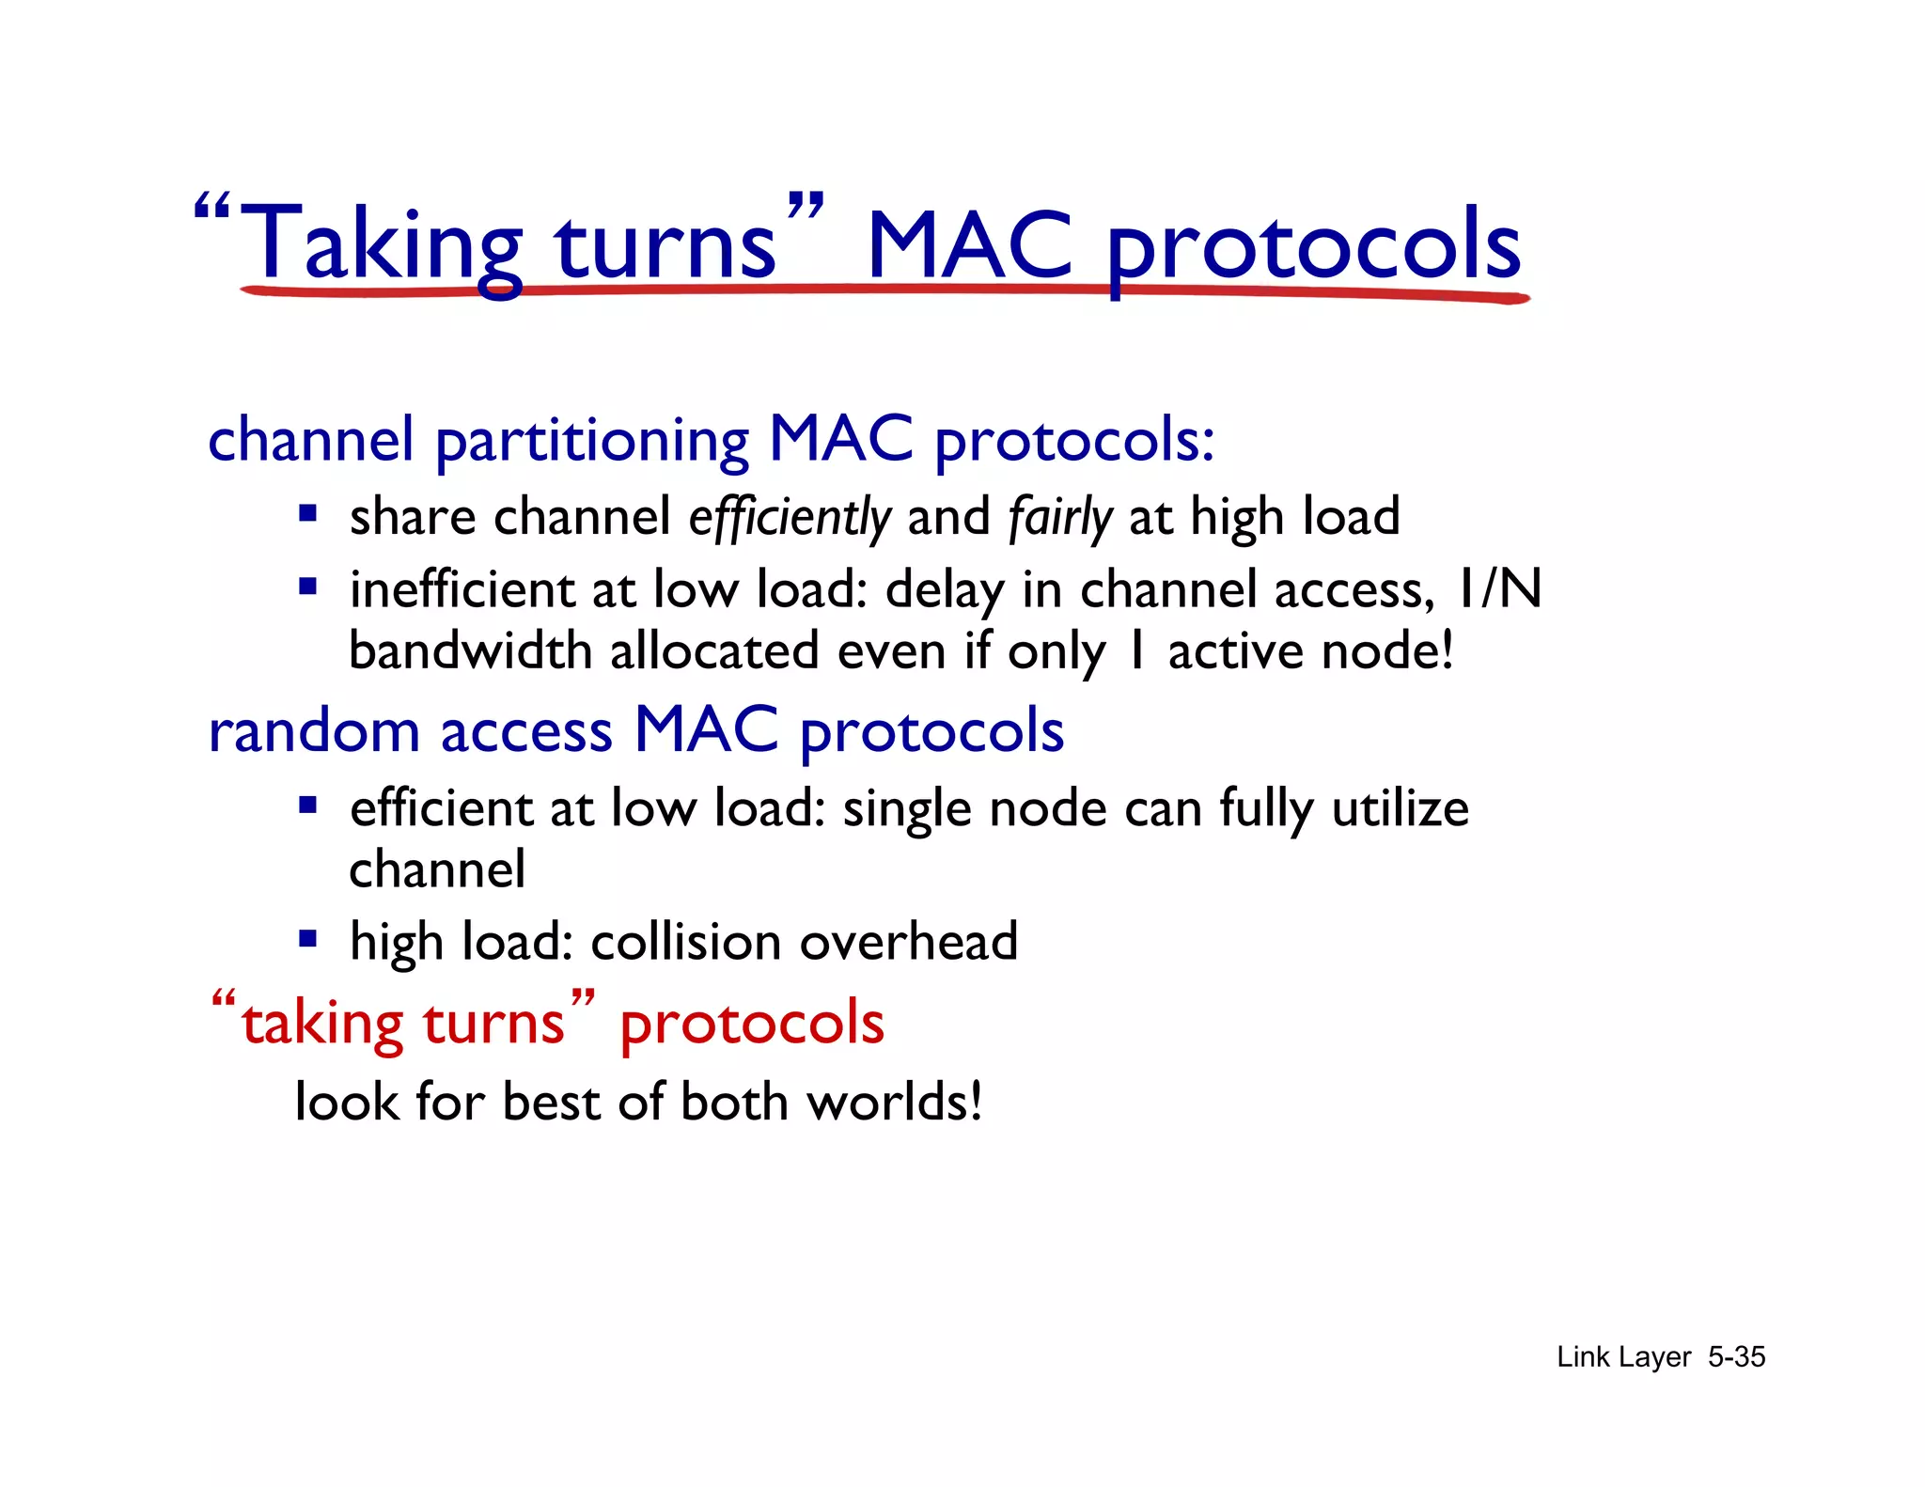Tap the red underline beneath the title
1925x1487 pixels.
coord(884,291)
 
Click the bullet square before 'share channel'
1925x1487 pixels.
coord(307,514)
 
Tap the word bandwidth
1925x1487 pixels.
coord(470,651)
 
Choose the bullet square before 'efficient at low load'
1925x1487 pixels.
coord(307,806)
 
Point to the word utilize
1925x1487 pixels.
coord(1400,809)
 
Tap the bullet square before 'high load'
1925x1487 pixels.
coord(307,938)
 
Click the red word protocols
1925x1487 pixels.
coord(752,1025)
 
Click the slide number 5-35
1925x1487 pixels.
coord(1736,1357)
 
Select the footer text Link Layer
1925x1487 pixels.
coord(1623,1357)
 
